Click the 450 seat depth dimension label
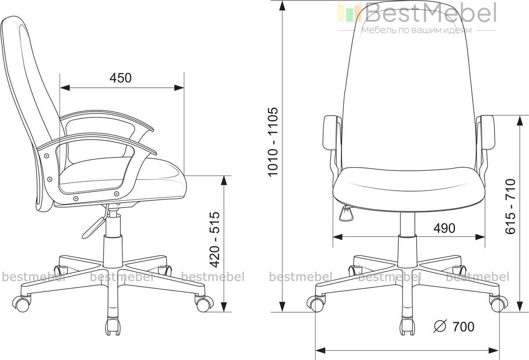(120, 78)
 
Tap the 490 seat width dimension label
(444, 229)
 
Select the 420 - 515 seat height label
(215, 240)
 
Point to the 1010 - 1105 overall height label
(273, 142)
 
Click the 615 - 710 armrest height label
(510, 206)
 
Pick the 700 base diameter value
(463, 326)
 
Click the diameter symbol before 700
(440, 326)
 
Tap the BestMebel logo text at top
(430, 13)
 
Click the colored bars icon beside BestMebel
(349, 12)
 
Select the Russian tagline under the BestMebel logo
(417, 30)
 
